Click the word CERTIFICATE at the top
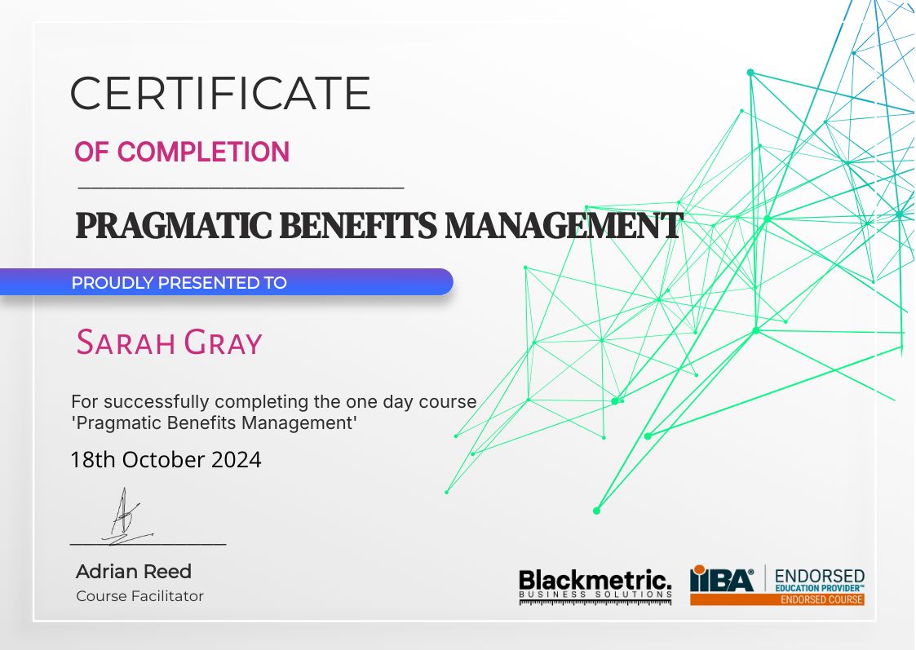point(220,93)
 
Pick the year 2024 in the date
point(237,460)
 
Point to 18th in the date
point(94,460)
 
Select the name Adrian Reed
point(134,571)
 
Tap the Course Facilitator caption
point(139,596)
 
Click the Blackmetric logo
point(595,583)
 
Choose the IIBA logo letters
point(722,579)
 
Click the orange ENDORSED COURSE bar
point(777,599)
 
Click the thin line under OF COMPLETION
point(241,188)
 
